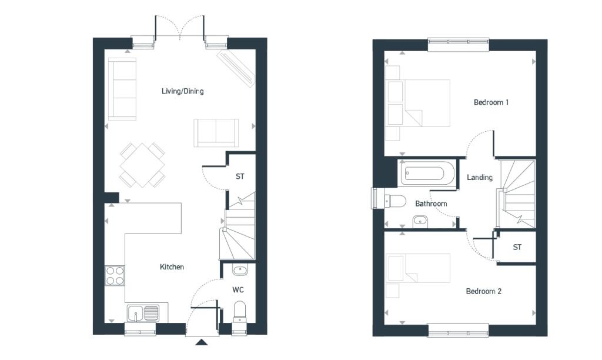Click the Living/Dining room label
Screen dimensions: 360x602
point(183,91)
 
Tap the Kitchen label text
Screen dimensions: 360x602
point(172,267)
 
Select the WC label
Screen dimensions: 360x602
point(238,290)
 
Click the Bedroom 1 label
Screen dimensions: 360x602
point(491,102)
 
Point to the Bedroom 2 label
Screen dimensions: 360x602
point(483,291)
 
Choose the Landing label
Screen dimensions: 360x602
point(479,177)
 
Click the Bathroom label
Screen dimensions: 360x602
point(431,204)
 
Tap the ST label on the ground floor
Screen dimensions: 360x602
point(240,176)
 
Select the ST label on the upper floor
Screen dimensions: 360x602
point(517,247)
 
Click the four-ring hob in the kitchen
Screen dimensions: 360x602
point(115,275)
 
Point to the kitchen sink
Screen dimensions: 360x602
point(143,313)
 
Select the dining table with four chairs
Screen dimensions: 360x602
point(142,165)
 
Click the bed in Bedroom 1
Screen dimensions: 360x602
point(418,103)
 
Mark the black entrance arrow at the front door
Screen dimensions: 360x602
point(201,343)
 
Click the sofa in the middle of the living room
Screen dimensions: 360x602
point(217,131)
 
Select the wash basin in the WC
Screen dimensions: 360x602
point(240,271)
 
